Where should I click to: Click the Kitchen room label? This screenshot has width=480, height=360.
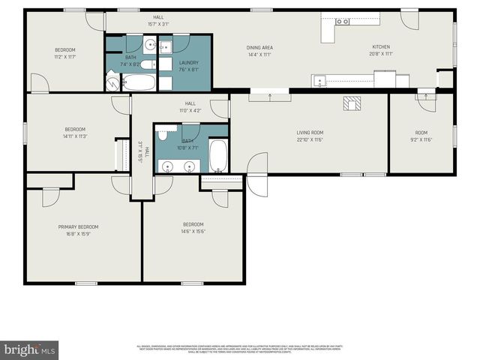coord(382,46)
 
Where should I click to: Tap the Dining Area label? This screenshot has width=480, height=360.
coord(259,47)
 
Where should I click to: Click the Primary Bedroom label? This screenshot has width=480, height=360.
coord(78,226)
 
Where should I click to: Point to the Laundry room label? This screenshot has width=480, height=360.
coord(188,62)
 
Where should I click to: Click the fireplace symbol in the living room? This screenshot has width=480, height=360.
coord(351,104)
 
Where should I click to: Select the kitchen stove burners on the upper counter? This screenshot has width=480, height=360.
coord(342,22)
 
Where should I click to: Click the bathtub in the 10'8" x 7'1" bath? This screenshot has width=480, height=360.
coord(218,155)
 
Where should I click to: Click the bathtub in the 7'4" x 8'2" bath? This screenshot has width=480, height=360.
coord(139,82)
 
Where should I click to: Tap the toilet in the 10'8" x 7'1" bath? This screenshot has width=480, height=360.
coord(162,135)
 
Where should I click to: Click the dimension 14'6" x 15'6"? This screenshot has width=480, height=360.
coord(193,231)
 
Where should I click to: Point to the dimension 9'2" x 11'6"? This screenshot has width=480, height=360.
coord(421,140)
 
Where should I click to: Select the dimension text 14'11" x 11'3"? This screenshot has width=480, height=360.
coord(75,136)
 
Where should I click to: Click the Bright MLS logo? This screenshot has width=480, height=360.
coord(29,349)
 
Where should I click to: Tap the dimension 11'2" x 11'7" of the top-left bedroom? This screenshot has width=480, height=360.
coord(65,58)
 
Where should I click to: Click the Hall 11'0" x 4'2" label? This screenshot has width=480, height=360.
coord(190,110)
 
